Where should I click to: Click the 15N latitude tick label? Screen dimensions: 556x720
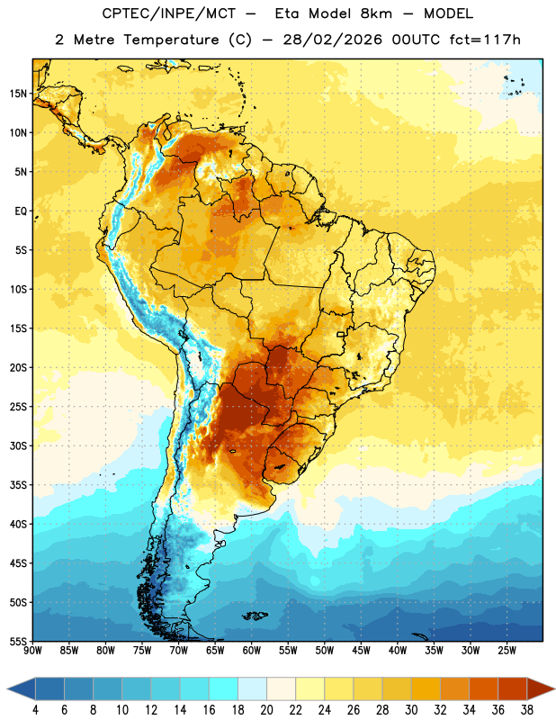click(x=18, y=94)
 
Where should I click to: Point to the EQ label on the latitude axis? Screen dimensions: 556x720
click(x=21, y=211)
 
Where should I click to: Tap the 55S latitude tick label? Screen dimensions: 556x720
click(x=18, y=641)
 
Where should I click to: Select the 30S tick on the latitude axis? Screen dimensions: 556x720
click(x=18, y=445)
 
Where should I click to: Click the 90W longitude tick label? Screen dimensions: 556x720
click(x=32, y=650)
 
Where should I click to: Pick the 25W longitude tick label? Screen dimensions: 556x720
click(x=507, y=650)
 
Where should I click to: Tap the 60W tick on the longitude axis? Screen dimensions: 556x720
click(x=252, y=650)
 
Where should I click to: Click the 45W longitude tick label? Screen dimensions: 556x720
click(x=362, y=650)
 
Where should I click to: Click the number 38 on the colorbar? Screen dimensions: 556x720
click(x=526, y=710)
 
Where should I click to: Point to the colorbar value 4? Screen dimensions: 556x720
click(x=35, y=710)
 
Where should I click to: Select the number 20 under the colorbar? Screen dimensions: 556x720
click(x=266, y=710)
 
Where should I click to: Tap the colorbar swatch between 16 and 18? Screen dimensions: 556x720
click(x=224, y=688)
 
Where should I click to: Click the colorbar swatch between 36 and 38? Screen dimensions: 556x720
click(x=513, y=688)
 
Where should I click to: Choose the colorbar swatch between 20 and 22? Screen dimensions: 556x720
click(x=281, y=688)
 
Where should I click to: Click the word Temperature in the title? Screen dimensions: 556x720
click(x=171, y=40)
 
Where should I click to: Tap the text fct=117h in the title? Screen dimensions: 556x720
click(x=485, y=40)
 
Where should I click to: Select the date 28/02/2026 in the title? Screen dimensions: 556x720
click(x=332, y=40)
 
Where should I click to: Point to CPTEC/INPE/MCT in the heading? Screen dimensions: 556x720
click(x=168, y=13)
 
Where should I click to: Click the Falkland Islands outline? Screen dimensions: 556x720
click(x=255, y=616)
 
